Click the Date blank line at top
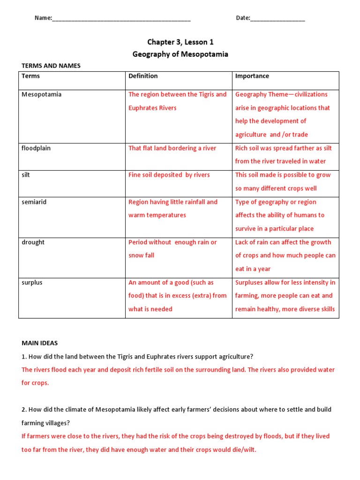277,20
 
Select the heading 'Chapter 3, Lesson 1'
180,42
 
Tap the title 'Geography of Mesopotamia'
180,54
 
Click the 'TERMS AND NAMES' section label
51,66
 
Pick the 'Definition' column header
143,76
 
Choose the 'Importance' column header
252,76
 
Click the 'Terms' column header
31,76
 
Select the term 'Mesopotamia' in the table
41,95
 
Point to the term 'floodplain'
36,149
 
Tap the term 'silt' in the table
26,175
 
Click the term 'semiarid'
34,202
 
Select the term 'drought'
33,242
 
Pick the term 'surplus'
32,283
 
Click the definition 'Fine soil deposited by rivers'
169,175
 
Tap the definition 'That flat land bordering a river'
172,149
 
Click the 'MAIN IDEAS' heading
39,343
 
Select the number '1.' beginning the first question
24,357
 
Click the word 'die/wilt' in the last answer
244,450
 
